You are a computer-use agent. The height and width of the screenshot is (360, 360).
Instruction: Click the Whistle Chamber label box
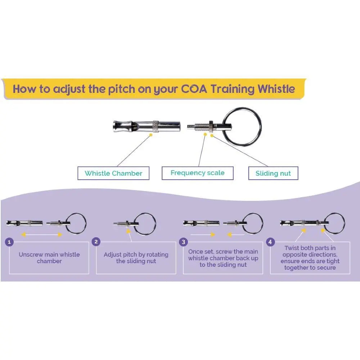point(113,173)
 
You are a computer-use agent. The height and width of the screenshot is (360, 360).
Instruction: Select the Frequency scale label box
point(197,173)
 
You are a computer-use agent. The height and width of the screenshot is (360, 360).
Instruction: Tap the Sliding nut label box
point(273,173)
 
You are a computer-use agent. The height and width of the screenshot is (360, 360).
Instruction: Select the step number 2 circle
point(96,242)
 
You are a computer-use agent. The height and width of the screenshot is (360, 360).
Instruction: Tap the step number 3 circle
point(183,242)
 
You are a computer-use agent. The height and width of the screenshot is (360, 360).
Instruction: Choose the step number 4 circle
point(270,242)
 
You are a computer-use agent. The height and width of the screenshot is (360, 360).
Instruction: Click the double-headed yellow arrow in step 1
point(42,235)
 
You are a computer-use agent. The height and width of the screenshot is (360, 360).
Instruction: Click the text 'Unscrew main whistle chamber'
point(49,258)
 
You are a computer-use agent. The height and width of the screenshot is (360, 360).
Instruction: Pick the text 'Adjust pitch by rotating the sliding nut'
point(136,258)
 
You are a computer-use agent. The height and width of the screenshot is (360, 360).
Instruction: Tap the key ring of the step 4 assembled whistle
point(336,222)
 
